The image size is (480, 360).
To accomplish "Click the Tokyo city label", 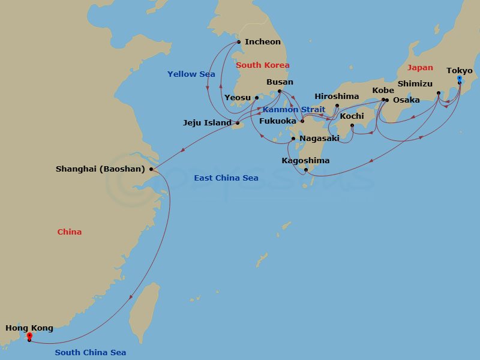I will pos(460,71).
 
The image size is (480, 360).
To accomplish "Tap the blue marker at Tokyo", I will pos(460,79).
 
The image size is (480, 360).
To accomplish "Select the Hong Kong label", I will pos(29,328).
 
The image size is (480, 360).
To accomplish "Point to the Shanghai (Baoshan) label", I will pos(100,169).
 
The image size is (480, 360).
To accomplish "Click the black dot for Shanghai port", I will pos(151,169).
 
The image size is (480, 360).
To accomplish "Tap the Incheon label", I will pos(262,42).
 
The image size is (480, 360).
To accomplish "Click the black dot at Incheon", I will pos(239,42).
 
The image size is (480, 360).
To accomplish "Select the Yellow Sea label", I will pos(191,74).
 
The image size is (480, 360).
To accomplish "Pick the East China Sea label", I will pos(226,178).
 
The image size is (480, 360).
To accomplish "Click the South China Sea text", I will pos(91,353).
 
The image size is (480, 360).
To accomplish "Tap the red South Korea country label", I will pos(263,65).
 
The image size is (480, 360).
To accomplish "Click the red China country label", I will pos(70,232).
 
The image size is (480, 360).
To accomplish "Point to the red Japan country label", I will pos(420,68).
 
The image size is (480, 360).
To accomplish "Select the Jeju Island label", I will pos(207,123).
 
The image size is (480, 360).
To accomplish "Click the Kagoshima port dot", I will pos(306,170).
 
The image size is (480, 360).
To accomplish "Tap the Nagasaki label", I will pos(319,139).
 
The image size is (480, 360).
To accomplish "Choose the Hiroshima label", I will pos(337,97).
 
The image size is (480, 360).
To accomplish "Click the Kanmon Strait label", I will pos(293,110).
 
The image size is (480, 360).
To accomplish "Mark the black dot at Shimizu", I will pos(439,93).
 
